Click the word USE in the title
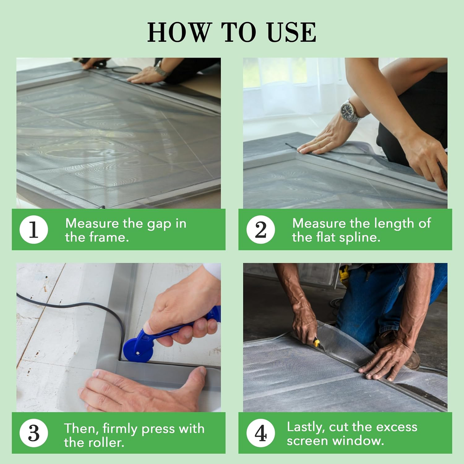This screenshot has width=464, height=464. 291,32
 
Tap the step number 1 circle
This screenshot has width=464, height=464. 34,230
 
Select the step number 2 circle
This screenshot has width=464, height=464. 261,230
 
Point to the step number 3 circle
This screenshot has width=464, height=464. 34,433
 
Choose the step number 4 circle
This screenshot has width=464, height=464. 261,433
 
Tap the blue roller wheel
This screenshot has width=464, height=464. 138,350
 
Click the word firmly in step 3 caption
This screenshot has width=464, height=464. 120,429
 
